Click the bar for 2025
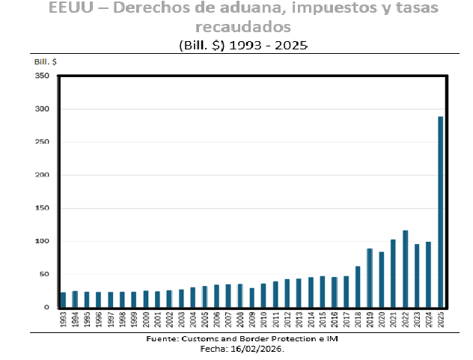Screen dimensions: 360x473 441,212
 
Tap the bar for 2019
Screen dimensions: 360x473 370,278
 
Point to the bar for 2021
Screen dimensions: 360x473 394,273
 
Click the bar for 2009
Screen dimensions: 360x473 252,298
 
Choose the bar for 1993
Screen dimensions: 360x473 63,299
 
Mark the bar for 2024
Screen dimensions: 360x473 429,275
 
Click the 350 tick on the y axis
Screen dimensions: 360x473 42,76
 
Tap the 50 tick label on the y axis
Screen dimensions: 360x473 44,274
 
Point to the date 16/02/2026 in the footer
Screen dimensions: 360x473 257,349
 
